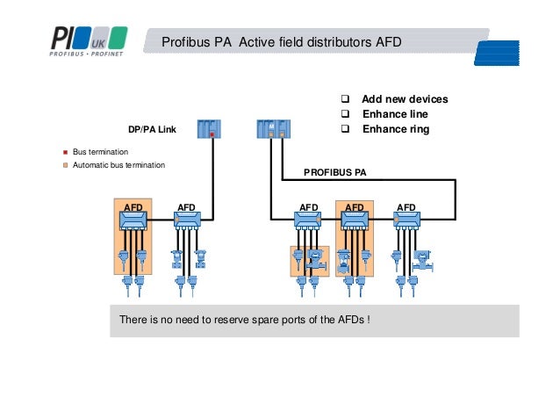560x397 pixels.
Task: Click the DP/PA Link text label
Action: click(x=152, y=129)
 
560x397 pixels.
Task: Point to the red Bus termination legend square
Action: click(x=65, y=152)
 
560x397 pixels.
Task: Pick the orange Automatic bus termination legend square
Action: click(x=65, y=165)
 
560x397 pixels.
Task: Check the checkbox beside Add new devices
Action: click(x=345, y=99)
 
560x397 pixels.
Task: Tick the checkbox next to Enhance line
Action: click(x=345, y=114)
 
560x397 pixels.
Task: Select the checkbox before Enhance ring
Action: click(x=345, y=129)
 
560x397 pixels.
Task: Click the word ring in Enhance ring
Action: click(x=418, y=129)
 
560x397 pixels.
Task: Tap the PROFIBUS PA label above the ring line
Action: click(x=334, y=173)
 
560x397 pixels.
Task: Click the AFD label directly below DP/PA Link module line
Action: click(x=187, y=208)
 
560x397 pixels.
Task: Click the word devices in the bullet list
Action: click(x=427, y=99)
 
